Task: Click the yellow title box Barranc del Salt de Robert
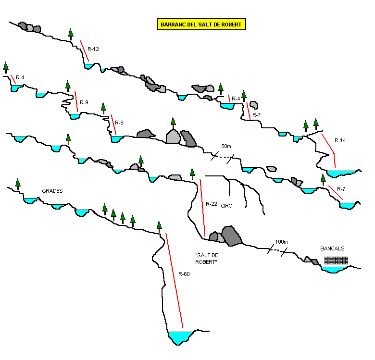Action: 201,25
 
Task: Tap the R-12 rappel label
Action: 93,49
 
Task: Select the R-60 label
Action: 184,274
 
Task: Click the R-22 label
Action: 212,204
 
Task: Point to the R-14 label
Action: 340,140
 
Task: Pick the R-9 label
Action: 84,102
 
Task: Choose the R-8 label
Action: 119,123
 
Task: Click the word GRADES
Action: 52,191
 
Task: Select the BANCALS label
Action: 332,248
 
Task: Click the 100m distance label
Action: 281,242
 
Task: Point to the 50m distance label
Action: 226,146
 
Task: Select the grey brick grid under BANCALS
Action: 336,261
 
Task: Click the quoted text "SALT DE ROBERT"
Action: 207,258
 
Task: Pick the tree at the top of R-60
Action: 160,226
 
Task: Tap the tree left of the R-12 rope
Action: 71,34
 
